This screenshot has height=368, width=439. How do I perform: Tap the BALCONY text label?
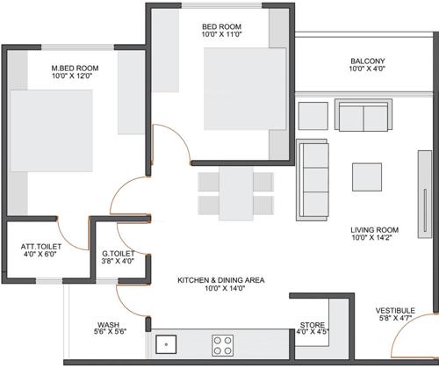tap(367, 61)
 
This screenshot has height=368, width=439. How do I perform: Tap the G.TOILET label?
tap(117, 250)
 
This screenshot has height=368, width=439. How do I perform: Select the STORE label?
tap(312, 322)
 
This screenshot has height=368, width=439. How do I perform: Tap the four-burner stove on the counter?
tap(222, 343)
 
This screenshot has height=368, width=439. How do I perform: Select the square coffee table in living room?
tap(367, 177)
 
